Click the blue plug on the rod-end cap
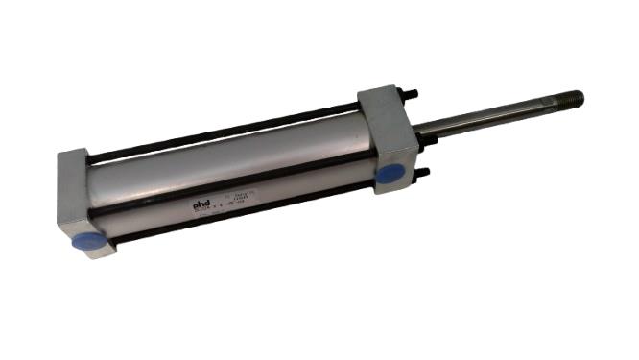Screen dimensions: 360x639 click(x=390, y=173)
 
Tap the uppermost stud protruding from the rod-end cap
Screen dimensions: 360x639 click(x=410, y=95)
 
